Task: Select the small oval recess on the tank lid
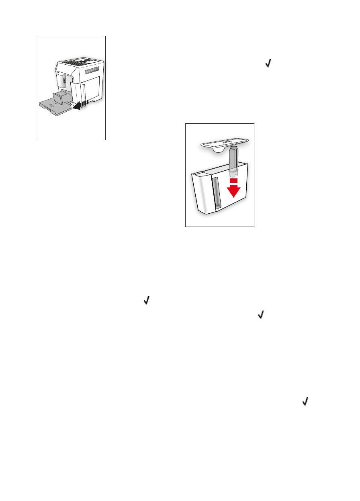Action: click(225, 141)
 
